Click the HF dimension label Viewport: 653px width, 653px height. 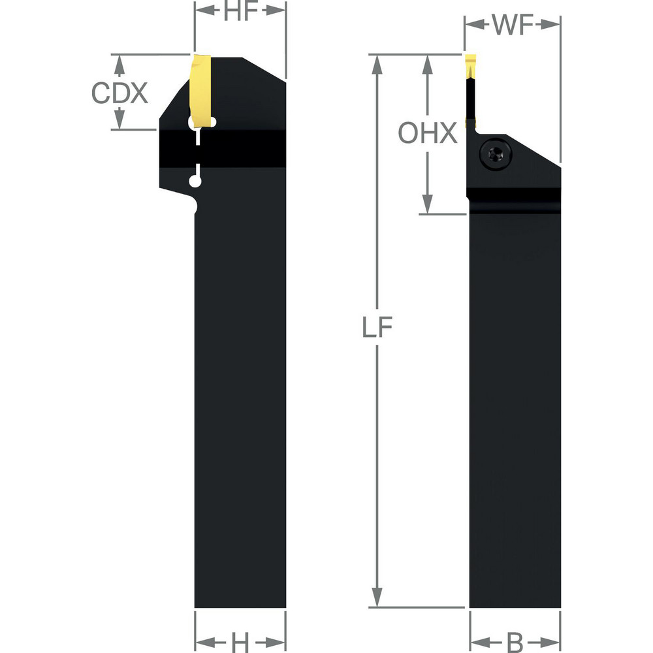pyautogui.click(x=240, y=12)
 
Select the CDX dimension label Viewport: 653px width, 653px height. pyautogui.click(x=119, y=93)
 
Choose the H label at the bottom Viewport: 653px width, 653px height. pyautogui.click(x=241, y=643)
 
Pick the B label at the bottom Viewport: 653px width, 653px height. pyautogui.click(x=515, y=643)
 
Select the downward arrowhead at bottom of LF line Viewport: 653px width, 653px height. pyautogui.click(x=377, y=599)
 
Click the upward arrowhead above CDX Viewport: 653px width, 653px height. pyautogui.click(x=119, y=62)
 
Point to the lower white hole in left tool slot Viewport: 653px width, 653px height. pyautogui.click(x=195, y=181)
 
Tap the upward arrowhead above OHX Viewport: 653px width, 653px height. pyautogui.click(x=428, y=62)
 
